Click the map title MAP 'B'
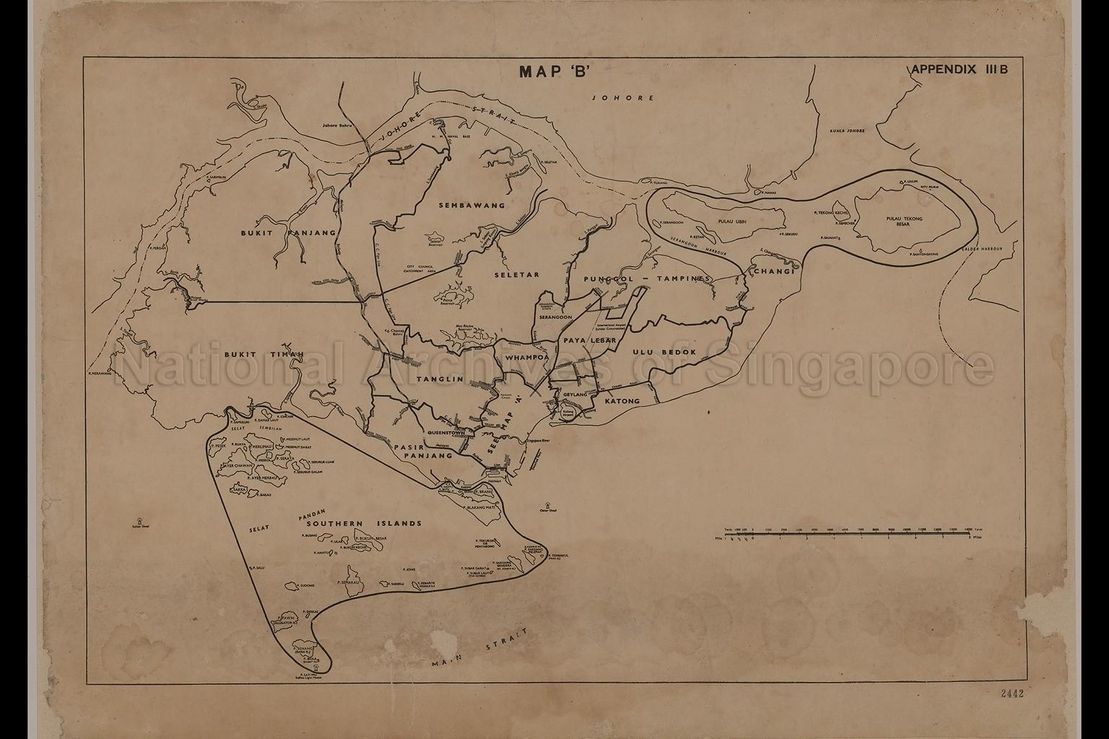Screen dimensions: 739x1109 554,72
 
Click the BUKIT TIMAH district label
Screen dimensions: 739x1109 262,354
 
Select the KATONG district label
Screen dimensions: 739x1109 622,401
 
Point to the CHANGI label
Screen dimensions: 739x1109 774,271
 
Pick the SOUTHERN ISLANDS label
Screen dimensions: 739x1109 363,523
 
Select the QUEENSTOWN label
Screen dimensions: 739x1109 449,433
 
